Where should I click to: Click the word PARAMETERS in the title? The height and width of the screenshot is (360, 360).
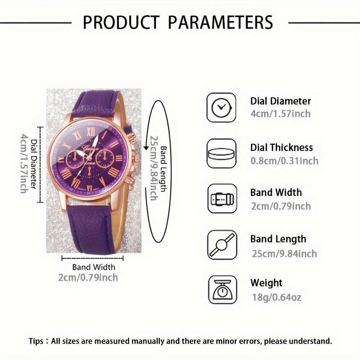click(221, 22)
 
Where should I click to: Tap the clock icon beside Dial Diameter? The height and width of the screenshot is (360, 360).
click(221, 107)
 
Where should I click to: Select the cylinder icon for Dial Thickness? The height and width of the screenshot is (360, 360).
click(221, 153)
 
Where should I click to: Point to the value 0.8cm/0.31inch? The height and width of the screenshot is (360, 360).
click(284, 161)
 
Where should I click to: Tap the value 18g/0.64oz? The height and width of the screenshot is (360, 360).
click(276, 297)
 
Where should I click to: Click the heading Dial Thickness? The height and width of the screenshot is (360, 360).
click(282, 147)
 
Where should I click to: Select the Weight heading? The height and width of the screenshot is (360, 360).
click(266, 283)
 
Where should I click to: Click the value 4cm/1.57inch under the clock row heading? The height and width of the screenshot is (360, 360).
click(280, 114)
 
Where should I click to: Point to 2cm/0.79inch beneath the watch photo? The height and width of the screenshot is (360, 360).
click(88, 278)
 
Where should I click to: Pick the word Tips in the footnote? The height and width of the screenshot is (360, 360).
click(37, 341)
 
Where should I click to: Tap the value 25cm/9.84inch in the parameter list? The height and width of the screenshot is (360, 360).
click(284, 253)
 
